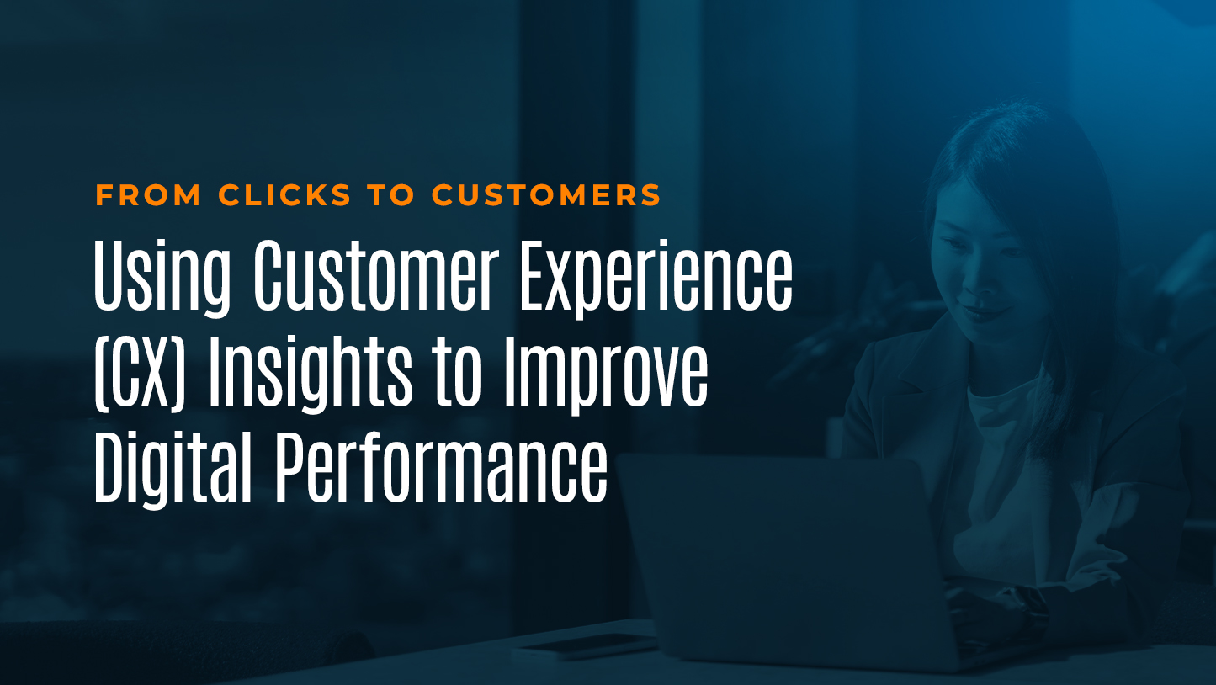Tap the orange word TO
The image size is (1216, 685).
pyautogui.click(x=391, y=195)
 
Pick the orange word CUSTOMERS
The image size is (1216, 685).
pyautogui.click(x=547, y=195)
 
